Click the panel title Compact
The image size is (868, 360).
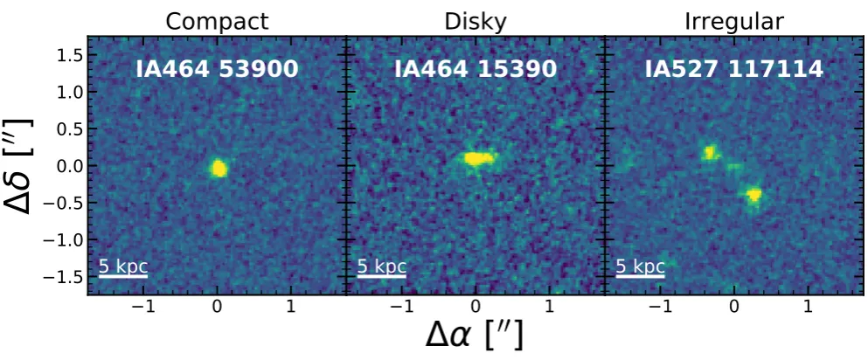pos(217,22)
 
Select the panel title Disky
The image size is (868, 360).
pos(476,22)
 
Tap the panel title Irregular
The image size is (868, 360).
pos(734,22)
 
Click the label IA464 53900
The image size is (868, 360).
pos(217,69)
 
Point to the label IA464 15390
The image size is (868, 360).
pos(476,69)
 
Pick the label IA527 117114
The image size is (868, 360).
pos(734,69)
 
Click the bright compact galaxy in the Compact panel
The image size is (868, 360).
pos(219,168)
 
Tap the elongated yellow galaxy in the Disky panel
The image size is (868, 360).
pos(478,159)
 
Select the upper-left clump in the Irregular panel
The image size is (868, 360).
pos(711,152)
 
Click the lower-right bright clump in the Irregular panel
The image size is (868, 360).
pos(754,195)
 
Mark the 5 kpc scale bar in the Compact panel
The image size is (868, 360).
pos(123,274)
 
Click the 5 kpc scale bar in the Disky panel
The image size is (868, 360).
pos(382,274)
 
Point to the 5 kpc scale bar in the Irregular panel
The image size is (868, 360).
pos(641,274)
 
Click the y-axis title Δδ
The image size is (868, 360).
pos(18,165)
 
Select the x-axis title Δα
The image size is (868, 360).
pos(475,335)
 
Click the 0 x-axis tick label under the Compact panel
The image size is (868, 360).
pos(218,307)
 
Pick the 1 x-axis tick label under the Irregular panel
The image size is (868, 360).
pos(808,307)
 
